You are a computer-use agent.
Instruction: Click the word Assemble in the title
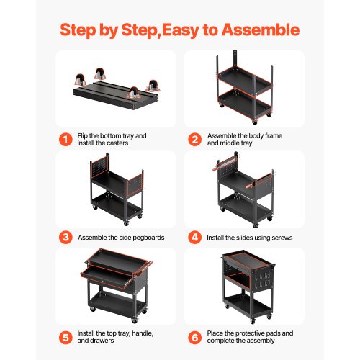pyautogui.click(x=261, y=30)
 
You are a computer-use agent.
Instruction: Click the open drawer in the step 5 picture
pyautogui.click(x=108, y=278)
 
